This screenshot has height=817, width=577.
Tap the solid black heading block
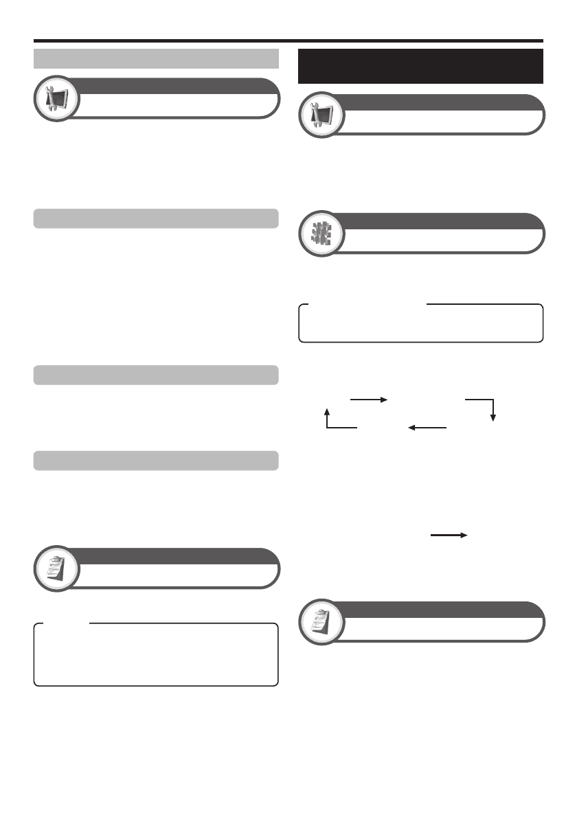pyautogui.click(x=420, y=66)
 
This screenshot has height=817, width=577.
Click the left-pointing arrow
pyautogui.click(x=427, y=427)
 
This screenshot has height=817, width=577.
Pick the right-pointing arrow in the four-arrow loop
pyautogui.click(x=369, y=399)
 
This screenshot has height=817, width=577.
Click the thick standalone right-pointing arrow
pyautogui.click(x=450, y=533)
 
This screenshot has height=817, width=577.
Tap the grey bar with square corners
pyautogui.click(x=156, y=59)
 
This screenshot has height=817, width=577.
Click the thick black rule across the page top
pyautogui.click(x=288, y=41)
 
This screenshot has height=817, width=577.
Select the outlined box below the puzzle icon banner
pyautogui.click(x=420, y=323)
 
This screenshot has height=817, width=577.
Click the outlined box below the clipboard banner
pyautogui.click(x=156, y=655)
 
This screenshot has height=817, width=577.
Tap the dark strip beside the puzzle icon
pyautogui.click(x=440, y=221)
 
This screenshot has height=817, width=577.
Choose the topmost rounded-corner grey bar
pyautogui.click(x=156, y=218)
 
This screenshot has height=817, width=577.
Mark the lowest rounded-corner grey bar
pyautogui.click(x=156, y=460)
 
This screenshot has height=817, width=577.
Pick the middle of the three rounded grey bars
pyautogui.click(x=156, y=375)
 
